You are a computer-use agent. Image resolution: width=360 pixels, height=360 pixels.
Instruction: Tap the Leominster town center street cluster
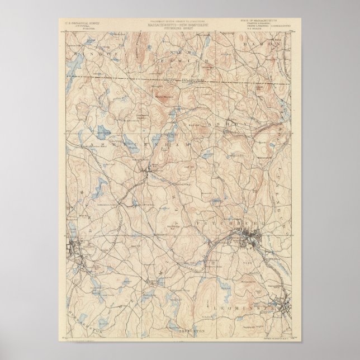point(285,306)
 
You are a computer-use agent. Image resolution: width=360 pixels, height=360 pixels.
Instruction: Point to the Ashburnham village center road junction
point(146,178)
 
